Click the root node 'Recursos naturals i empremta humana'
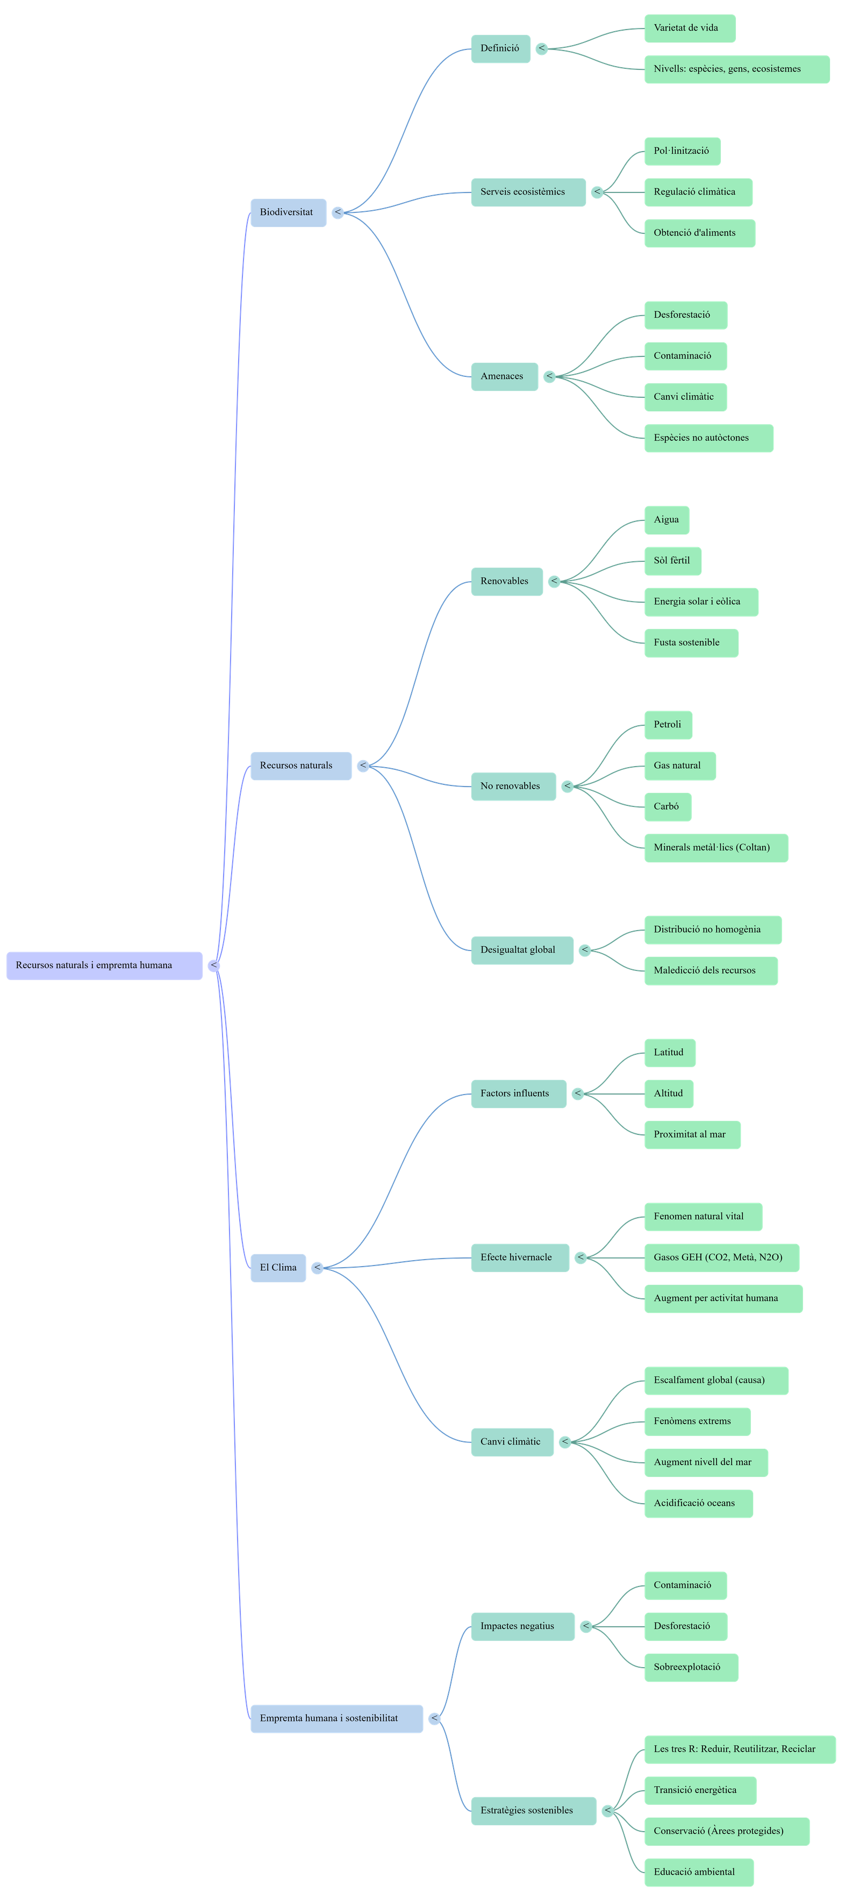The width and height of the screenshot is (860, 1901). [x=104, y=965]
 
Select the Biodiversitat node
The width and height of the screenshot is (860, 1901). [x=288, y=212]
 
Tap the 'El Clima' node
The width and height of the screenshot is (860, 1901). [x=278, y=1268]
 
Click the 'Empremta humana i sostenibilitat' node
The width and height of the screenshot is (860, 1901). [x=336, y=1718]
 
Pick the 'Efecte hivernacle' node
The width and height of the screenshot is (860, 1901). [x=519, y=1257]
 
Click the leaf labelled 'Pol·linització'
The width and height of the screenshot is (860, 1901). [x=682, y=151]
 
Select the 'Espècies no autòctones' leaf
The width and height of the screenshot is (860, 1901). [x=708, y=438]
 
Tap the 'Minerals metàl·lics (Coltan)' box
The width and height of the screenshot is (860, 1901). [x=715, y=847]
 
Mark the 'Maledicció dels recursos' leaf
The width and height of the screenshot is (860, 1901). [x=710, y=970]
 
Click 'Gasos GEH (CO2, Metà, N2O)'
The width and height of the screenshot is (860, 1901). [x=721, y=1257]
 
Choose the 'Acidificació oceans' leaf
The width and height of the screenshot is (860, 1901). [x=698, y=1503]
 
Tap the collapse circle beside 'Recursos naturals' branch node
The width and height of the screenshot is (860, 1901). [x=363, y=766]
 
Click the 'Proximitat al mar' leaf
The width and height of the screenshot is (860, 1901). [x=692, y=1134]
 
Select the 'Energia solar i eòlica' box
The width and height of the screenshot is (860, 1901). [x=701, y=602]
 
